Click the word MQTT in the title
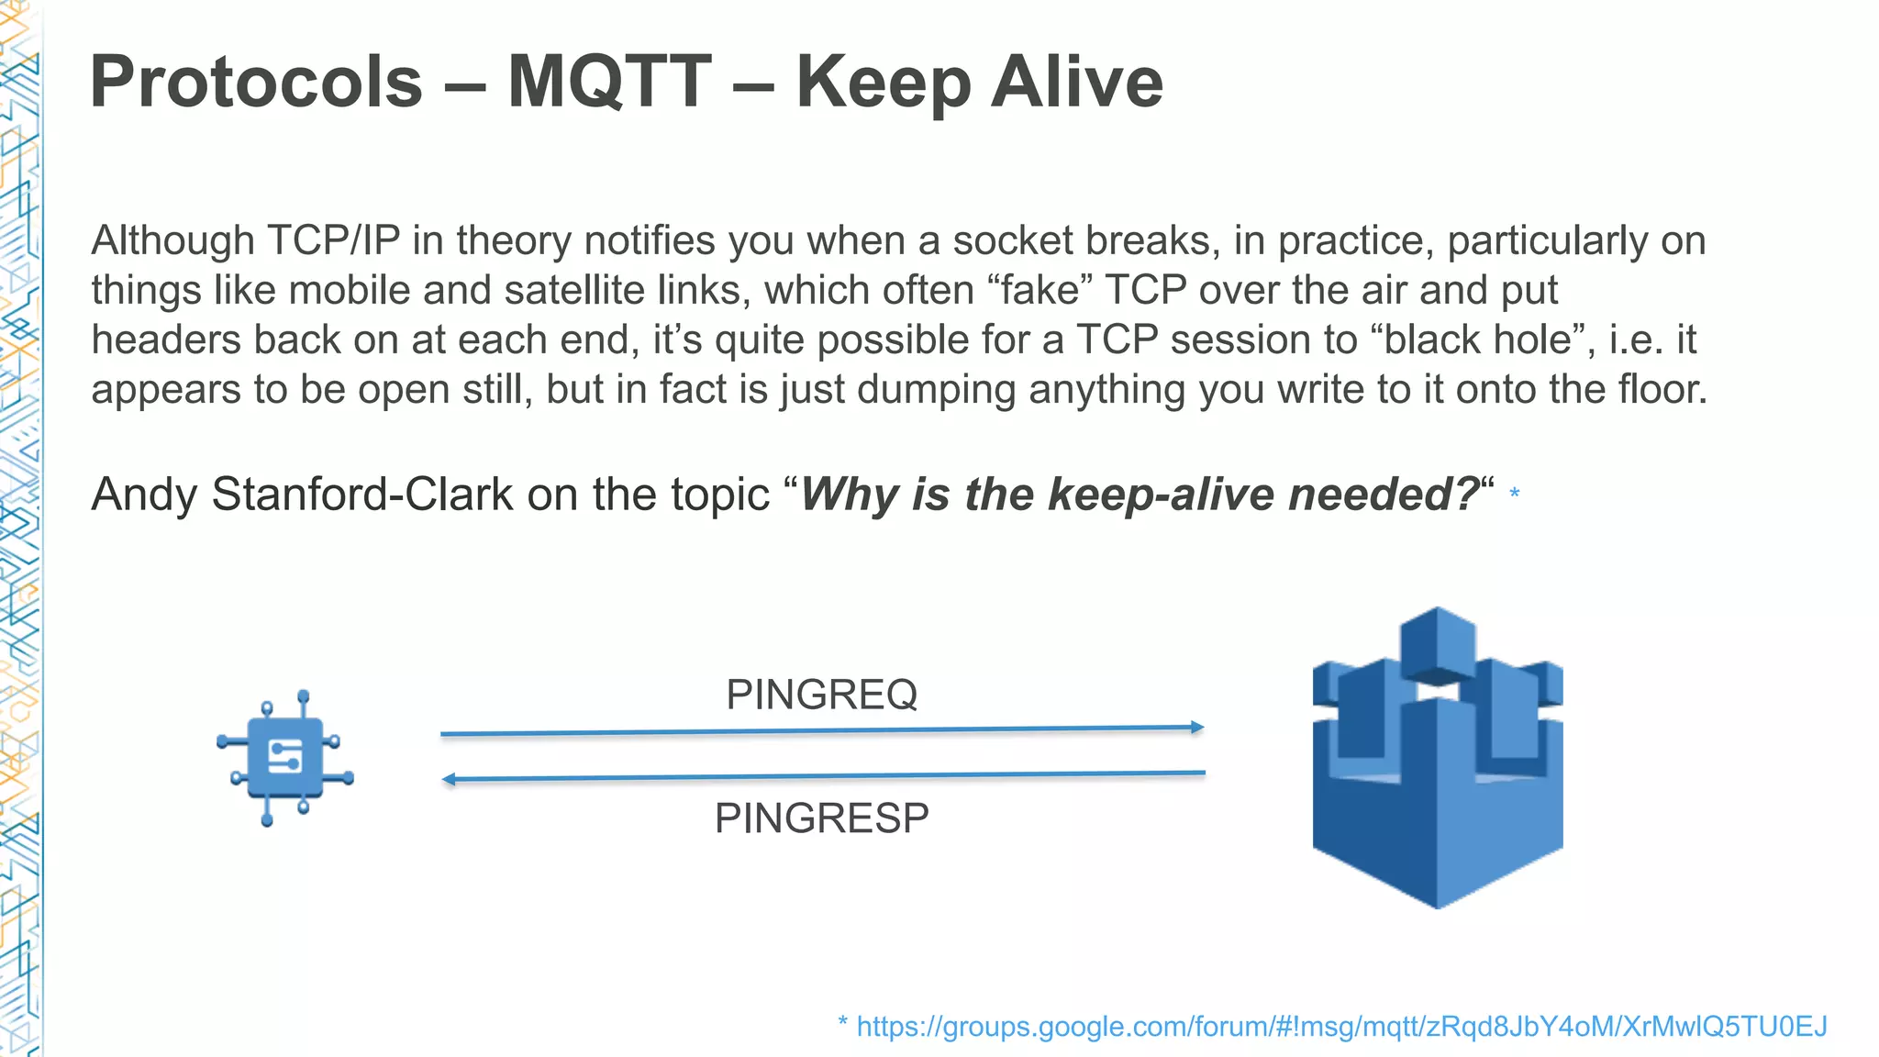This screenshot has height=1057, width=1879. point(609,83)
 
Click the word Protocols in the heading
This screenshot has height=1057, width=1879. point(257,83)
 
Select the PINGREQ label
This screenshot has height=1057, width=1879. point(821,695)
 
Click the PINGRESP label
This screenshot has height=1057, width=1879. point(821,818)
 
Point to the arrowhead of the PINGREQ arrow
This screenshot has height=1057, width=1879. point(1197,727)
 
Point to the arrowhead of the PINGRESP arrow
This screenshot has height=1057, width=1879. point(449,780)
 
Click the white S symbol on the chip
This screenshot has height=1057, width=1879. point(285,757)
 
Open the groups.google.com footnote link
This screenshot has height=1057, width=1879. point(1340,1026)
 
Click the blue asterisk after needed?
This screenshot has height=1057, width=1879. point(1515,495)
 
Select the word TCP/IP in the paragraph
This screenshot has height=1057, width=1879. point(334,241)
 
